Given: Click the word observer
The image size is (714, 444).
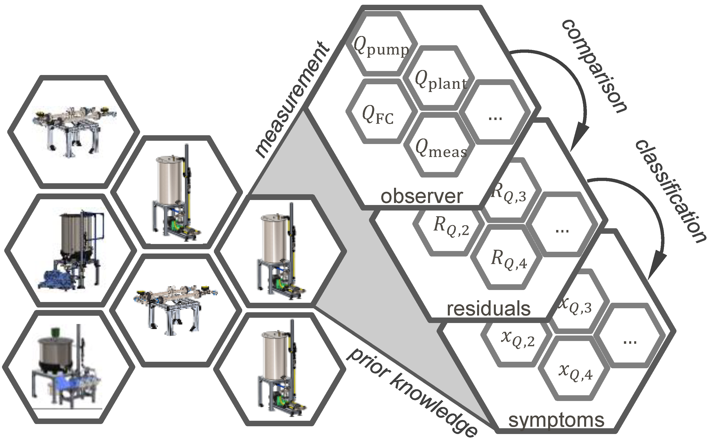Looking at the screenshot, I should tap(422, 196).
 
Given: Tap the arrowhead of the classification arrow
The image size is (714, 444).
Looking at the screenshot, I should tap(655, 269).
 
